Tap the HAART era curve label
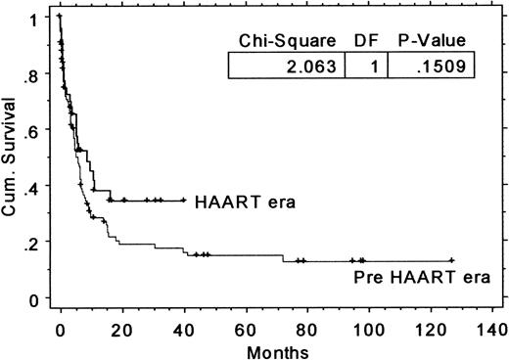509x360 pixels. point(245,202)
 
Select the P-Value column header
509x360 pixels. point(430,40)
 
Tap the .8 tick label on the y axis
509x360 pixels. point(35,73)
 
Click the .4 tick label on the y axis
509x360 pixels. point(35,186)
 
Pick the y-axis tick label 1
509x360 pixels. point(36,18)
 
